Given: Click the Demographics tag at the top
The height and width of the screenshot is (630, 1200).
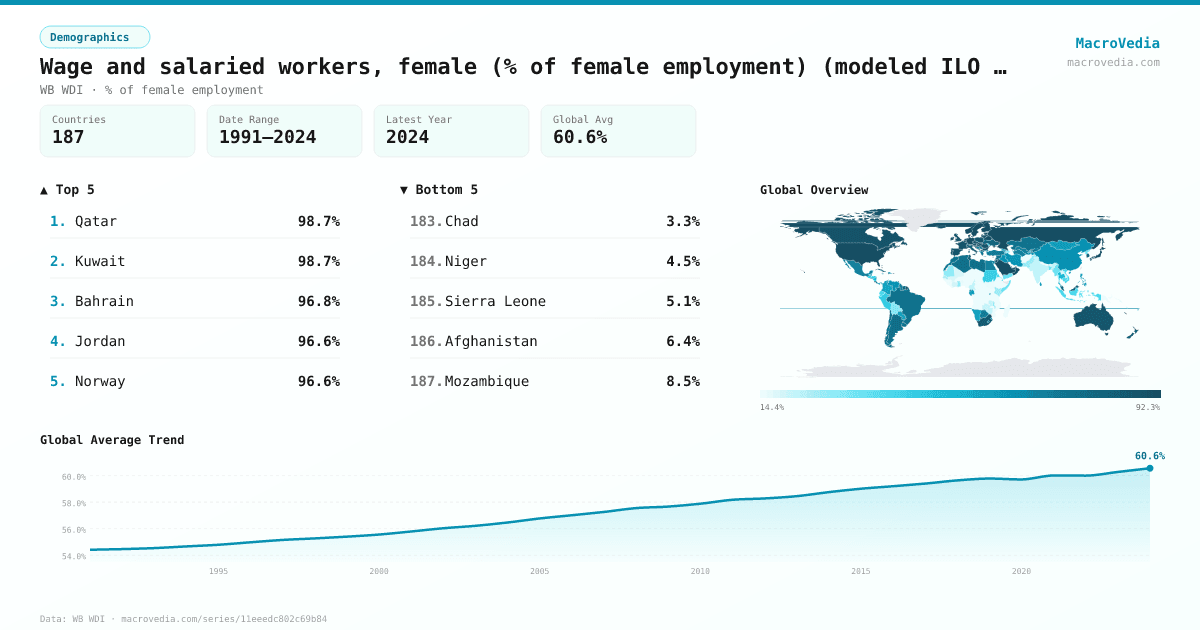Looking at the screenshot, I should click(x=94, y=37).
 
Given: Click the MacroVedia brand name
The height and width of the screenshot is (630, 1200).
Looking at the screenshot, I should click(x=1117, y=43).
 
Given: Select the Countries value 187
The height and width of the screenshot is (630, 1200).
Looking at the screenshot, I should click(x=68, y=137).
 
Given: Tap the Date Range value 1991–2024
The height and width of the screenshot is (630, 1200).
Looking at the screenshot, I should click(x=267, y=137).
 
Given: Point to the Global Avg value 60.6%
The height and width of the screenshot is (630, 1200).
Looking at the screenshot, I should click(x=580, y=137).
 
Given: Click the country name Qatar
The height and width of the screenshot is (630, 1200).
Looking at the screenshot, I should click(x=96, y=221).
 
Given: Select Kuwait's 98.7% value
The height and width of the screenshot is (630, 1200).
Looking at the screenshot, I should click(x=318, y=261).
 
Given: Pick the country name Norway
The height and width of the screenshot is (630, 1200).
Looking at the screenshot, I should click(x=100, y=381).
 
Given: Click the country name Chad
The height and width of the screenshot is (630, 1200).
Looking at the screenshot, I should click(x=461, y=221).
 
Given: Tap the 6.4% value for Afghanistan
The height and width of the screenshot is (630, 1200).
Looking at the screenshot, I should click(x=683, y=341).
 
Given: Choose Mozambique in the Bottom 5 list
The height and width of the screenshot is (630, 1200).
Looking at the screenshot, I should click(x=487, y=381).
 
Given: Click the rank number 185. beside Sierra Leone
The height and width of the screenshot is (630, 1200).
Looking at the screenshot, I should click(x=426, y=301).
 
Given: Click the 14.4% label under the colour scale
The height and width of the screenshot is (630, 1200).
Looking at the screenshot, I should click(x=772, y=407).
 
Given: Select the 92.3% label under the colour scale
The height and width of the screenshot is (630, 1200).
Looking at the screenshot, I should click(x=1148, y=407).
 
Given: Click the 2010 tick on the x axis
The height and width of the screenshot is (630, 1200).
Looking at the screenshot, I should click(x=700, y=571).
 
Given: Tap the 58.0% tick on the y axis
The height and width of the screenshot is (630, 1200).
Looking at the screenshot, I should click(x=74, y=503).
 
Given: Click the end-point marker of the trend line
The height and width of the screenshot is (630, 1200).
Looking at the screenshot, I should click(x=1149, y=468).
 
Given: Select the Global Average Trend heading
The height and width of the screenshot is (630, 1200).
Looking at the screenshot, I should click(x=112, y=440).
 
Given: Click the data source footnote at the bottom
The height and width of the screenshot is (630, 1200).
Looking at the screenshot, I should click(x=183, y=619).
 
